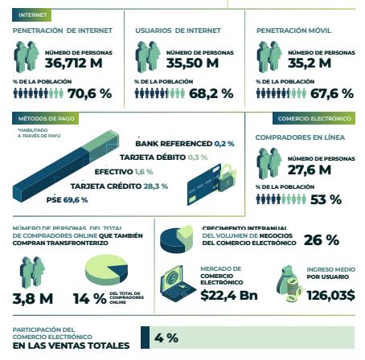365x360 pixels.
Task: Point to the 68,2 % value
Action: [x=211, y=93]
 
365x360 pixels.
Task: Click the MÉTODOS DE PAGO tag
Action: [x=35, y=118]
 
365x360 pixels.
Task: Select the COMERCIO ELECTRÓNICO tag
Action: [x=314, y=118]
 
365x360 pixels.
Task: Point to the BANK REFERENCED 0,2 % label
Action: [x=185, y=143]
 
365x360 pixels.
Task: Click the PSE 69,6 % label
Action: [x=68, y=199]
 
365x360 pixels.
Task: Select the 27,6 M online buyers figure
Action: [x=310, y=170]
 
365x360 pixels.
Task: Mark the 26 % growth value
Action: [x=321, y=239]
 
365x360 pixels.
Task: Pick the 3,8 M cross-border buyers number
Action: [x=34, y=299]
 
